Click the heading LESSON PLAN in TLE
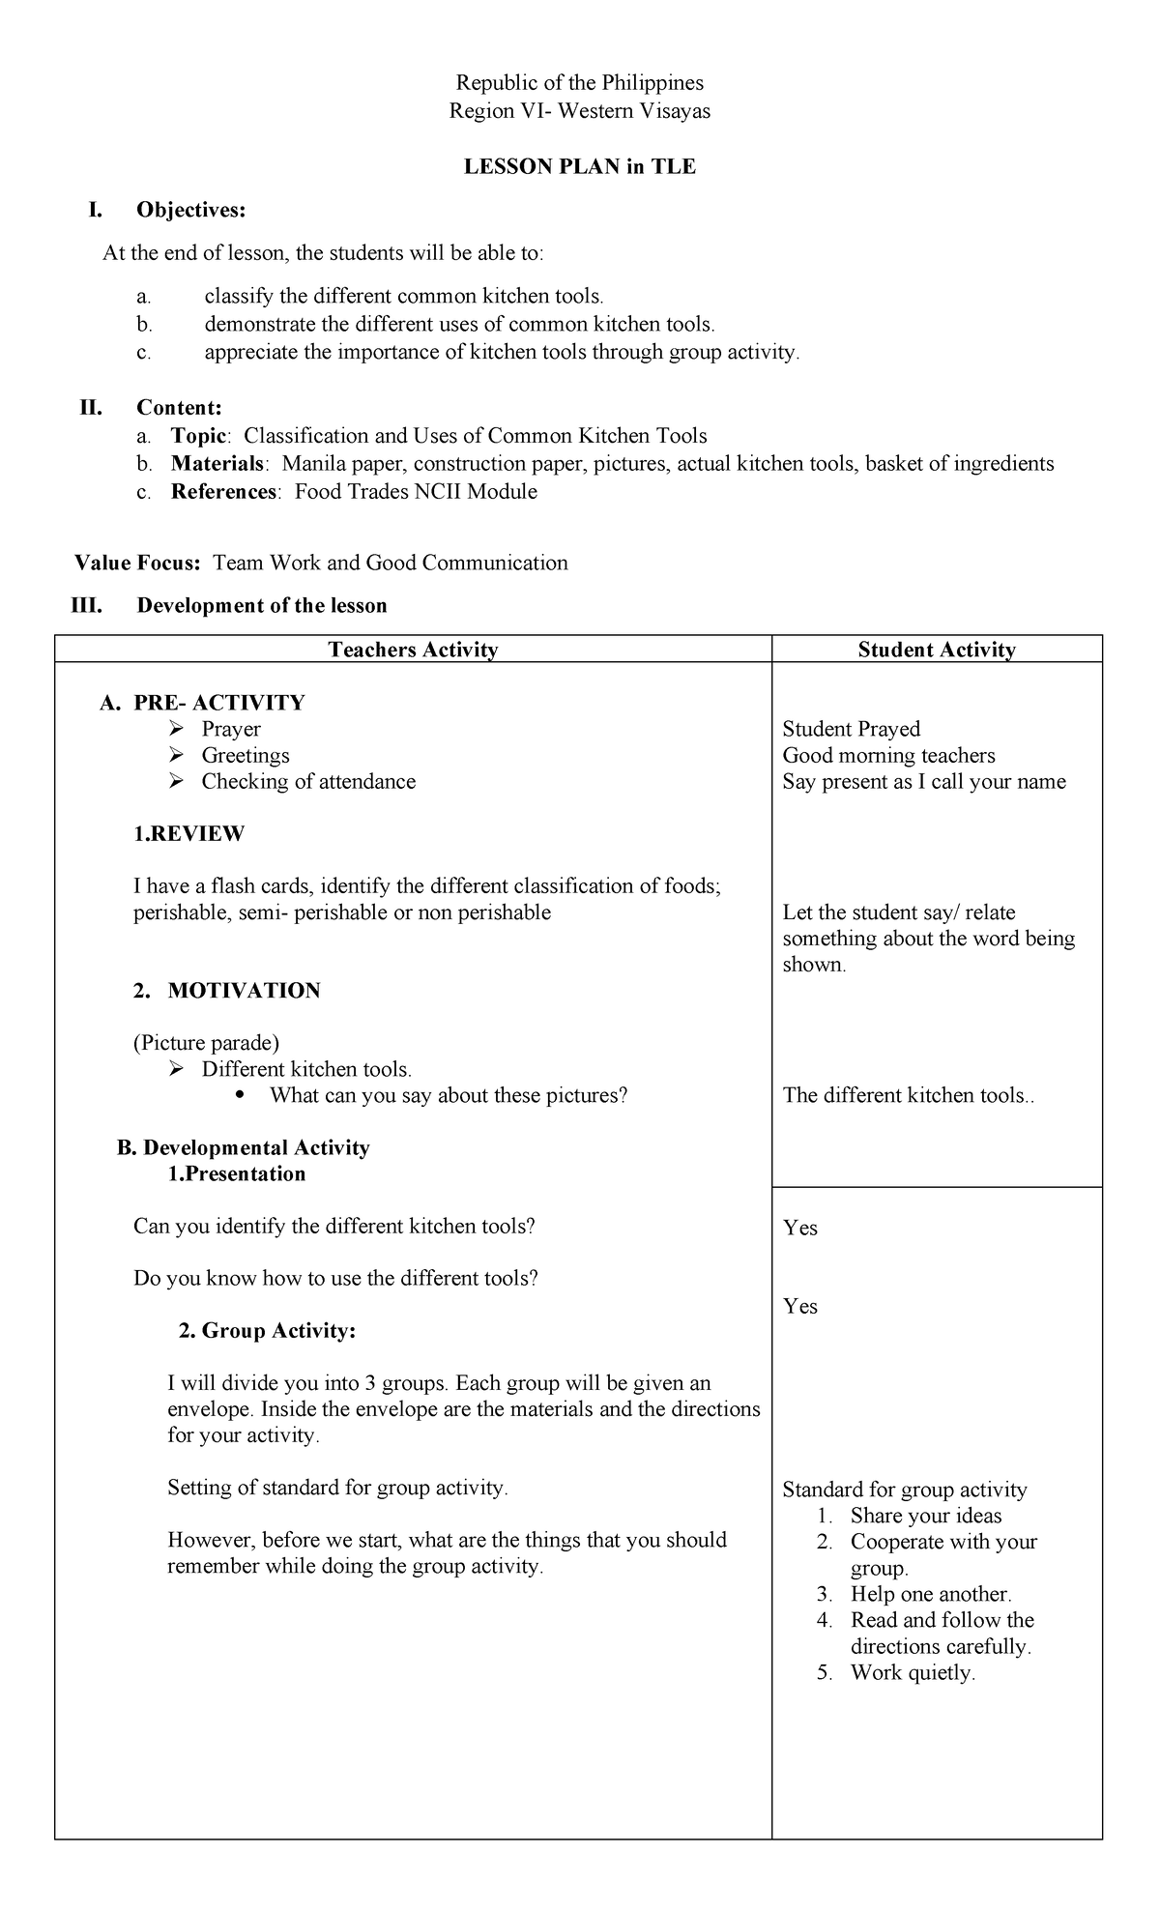click(579, 166)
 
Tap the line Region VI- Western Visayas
click(579, 111)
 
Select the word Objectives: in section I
click(190, 210)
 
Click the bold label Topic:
click(200, 436)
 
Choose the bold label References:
click(226, 492)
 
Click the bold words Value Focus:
click(138, 563)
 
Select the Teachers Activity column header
click(413, 650)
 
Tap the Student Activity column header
click(936, 650)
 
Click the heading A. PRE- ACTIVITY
click(202, 703)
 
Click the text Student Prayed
click(851, 729)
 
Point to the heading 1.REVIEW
click(188, 833)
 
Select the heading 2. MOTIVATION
click(226, 991)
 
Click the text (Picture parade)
click(206, 1043)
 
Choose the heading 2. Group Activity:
click(267, 1331)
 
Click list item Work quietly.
click(912, 1673)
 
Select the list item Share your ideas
click(925, 1516)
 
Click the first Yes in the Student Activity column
click(800, 1228)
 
